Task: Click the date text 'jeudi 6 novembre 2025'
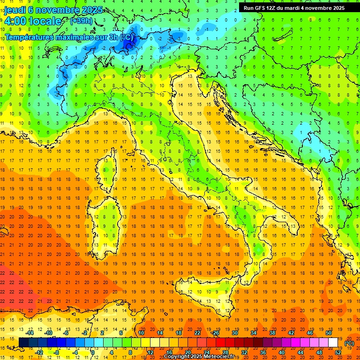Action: point(54,9)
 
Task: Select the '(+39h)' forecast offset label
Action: point(81,21)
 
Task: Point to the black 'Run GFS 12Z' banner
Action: point(294,7)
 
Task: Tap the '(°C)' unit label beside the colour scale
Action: point(349,343)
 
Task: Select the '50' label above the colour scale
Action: point(328,333)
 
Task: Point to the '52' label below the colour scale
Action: point(338,352)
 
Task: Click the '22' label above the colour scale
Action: point(197,333)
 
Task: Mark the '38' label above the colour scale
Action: point(272,333)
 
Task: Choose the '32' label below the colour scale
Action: point(244,352)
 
